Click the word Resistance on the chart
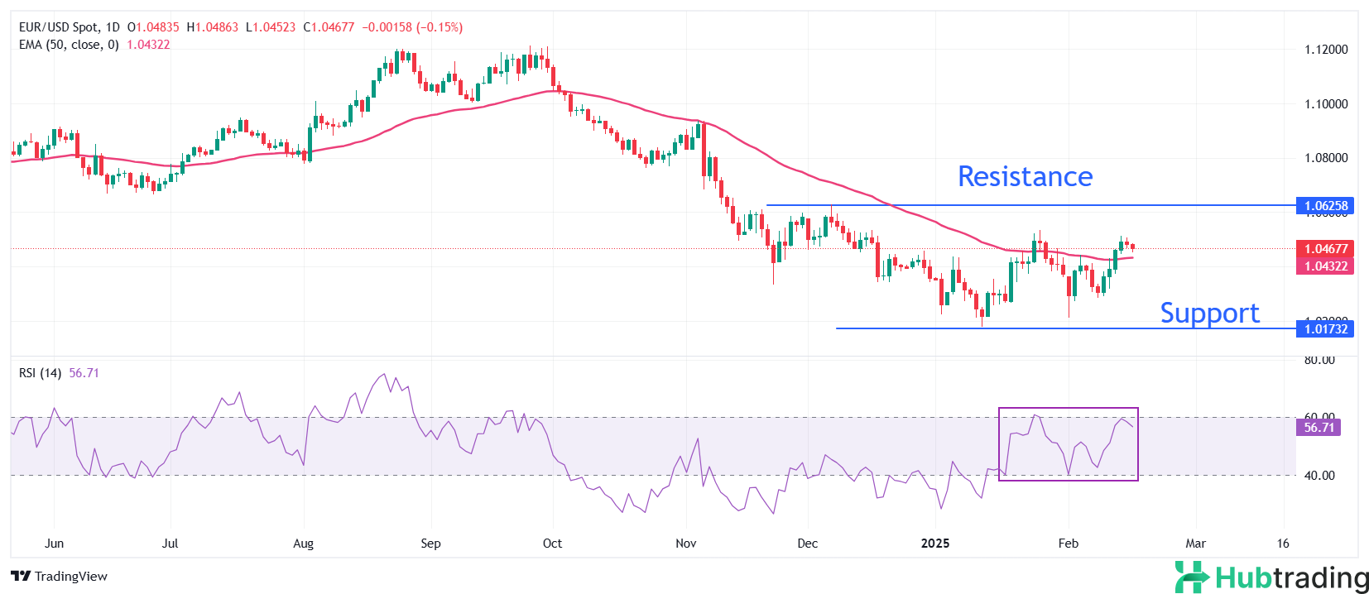tap(1025, 177)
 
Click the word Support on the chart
tap(1209, 313)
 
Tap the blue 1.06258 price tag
tap(1325, 206)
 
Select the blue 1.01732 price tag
tap(1325, 329)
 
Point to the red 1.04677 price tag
tap(1325, 248)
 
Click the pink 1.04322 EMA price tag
tap(1325, 266)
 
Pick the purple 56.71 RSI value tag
tap(1319, 428)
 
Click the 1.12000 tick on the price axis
tap(1326, 50)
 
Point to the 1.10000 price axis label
tap(1326, 104)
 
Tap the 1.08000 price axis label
tap(1326, 158)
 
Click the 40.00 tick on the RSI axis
tap(1319, 476)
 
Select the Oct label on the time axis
tap(552, 544)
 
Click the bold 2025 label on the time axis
tap(935, 544)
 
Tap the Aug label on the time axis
tap(304, 544)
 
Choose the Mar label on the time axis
tap(1195, 544)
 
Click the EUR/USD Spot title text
tap(58, 27)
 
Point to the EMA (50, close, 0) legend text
tap(69, 45)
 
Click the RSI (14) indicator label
tap(40, 373)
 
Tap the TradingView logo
tap(60, 577)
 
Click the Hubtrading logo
tap(1272, 577)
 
